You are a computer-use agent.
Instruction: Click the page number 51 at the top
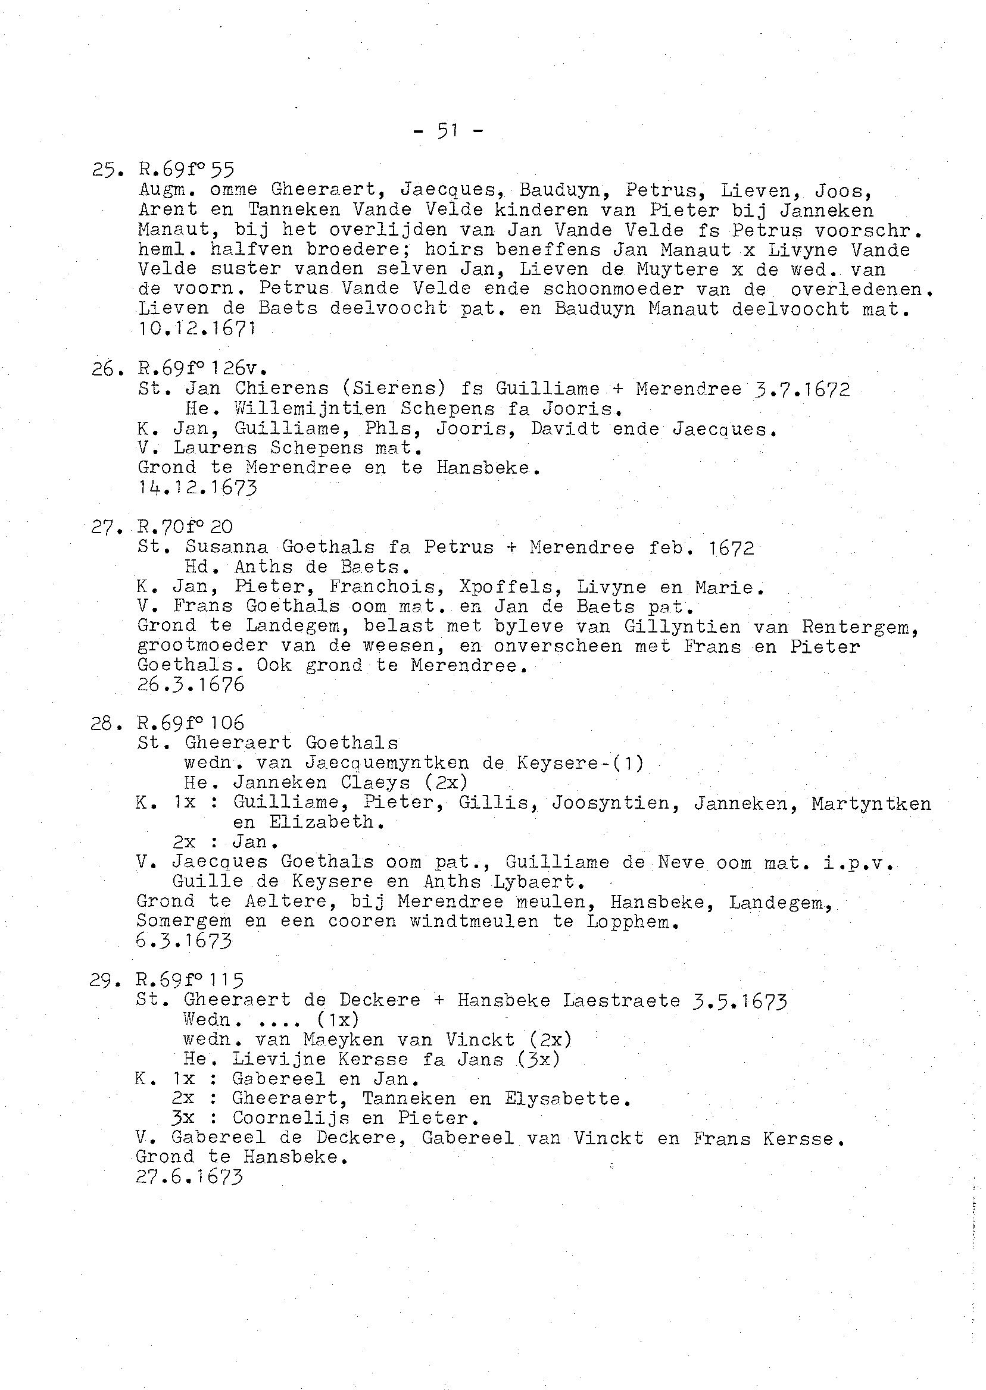point(448,130)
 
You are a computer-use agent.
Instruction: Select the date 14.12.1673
point(197,487)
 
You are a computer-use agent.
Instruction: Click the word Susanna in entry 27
point(227,547)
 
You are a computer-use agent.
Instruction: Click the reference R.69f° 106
point(191,723)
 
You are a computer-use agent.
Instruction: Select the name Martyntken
point(870,804)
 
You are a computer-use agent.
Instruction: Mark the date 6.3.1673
point(185,941)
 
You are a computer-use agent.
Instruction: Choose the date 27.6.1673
point(190,1177)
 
